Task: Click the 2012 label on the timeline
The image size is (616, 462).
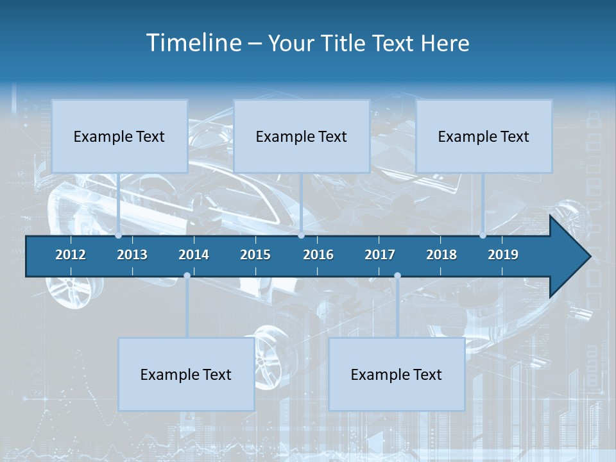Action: coord(71,255)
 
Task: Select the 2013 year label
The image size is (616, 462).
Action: coord(132,255)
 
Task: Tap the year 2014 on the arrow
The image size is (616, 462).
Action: coord(194,255)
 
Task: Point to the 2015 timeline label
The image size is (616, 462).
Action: coord(255,255)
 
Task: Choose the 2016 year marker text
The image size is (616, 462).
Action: coord(318,255)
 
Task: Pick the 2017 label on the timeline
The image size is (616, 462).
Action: coord(380,255)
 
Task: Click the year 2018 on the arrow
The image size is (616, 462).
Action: coord(441,255)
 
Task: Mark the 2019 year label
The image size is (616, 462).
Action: coord(503,255)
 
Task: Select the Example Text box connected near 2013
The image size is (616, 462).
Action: coord(119,136)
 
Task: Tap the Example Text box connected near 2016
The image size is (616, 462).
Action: coord(302,136)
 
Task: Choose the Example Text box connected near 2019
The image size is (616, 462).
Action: coord(484,136)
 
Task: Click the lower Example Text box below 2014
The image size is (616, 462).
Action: coord(186,374)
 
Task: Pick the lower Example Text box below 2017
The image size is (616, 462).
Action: coord(397,374)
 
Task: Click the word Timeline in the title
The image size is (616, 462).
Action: coord(193,43)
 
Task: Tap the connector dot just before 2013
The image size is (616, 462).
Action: coord(119,235)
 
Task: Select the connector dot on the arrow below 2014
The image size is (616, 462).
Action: coord(187,276)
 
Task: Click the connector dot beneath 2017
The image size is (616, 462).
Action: coord(397,276)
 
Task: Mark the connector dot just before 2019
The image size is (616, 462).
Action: coord(483,235)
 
